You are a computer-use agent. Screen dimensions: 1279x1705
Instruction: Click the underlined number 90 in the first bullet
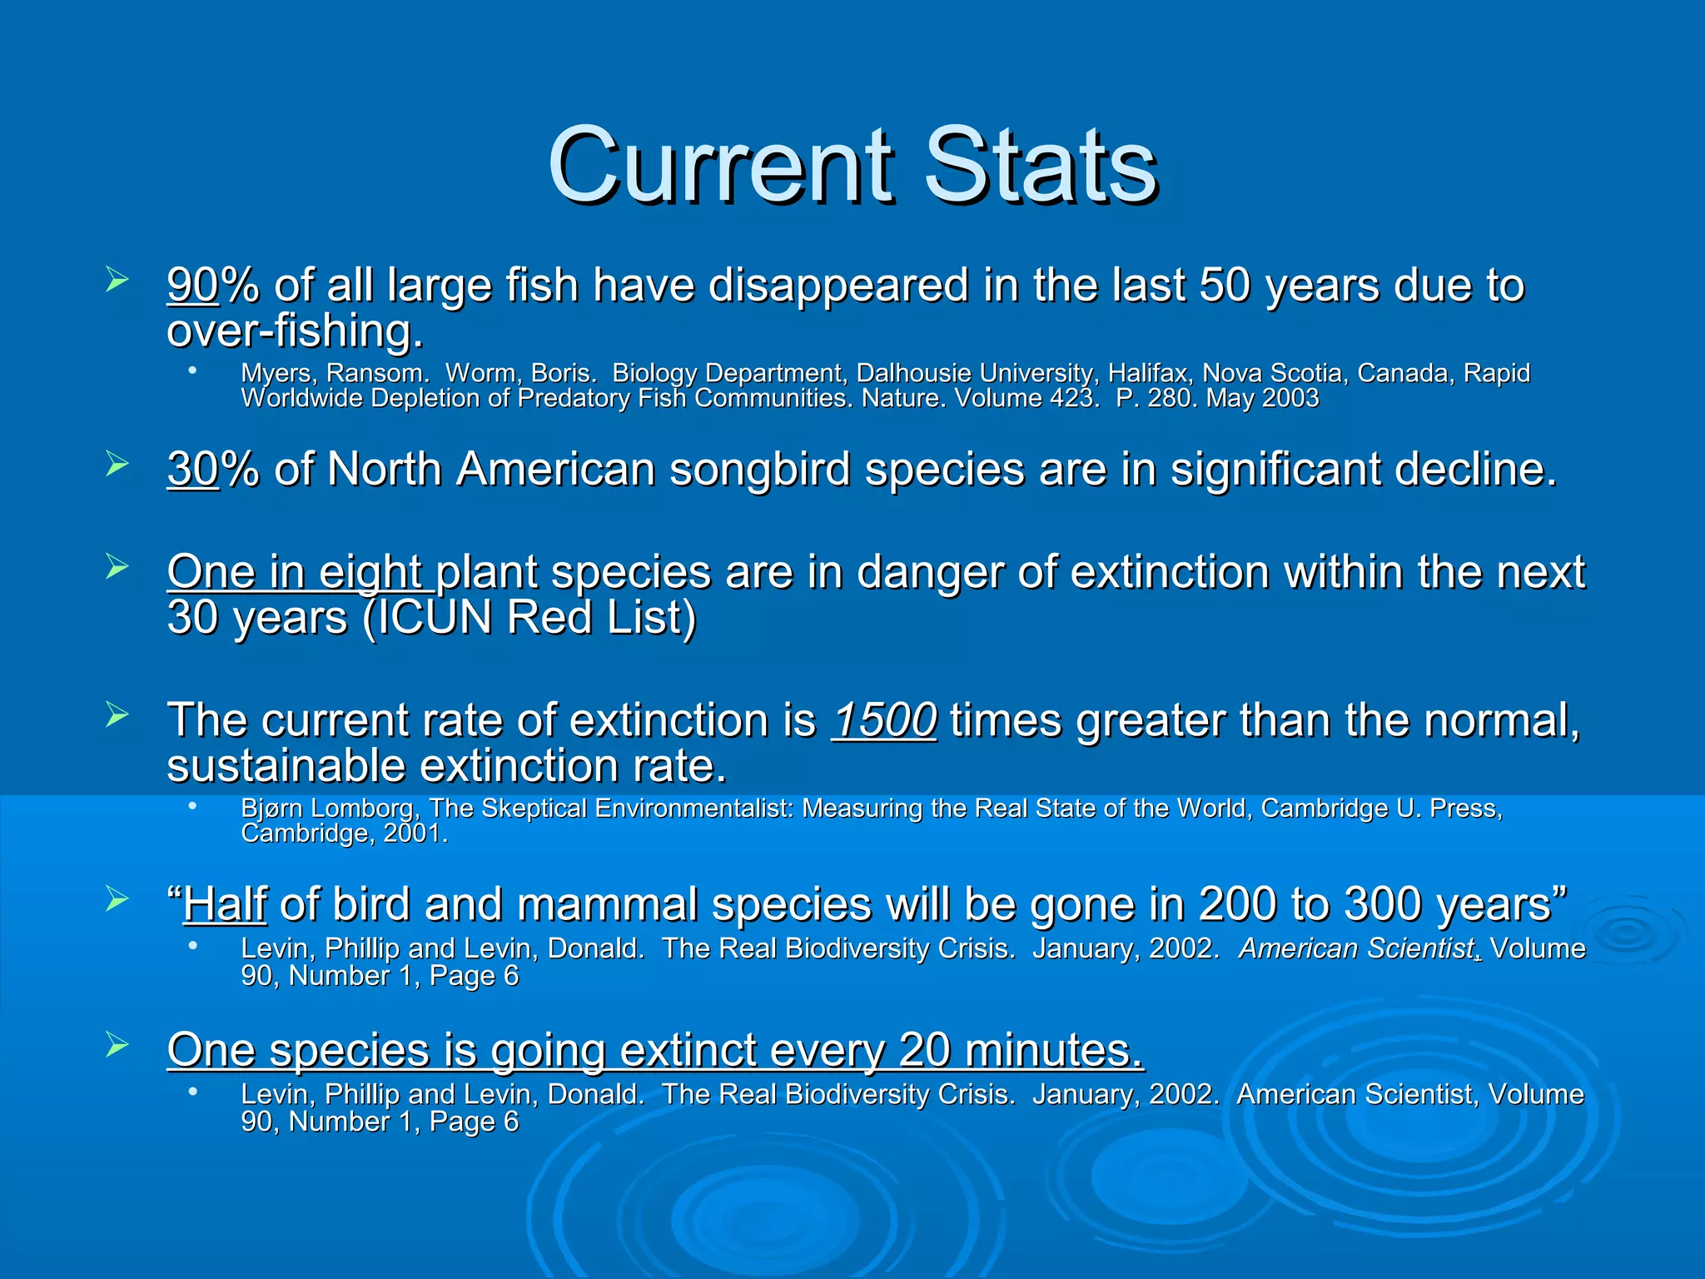(x=192, y=285)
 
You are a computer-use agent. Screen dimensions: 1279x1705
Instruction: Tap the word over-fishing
(x=295, y=331)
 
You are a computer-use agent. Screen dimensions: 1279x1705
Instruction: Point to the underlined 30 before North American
(x=192, y=469)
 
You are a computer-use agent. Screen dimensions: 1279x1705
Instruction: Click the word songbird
(x=760, y=469)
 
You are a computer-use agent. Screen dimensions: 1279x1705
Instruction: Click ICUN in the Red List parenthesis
(x=435, y=618)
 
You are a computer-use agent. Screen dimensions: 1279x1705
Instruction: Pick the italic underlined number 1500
(x=884, y=720)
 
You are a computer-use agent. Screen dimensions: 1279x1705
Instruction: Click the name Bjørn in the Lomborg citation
(x=271, y=809)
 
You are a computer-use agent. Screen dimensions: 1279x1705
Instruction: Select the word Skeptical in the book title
(x=534, y=809)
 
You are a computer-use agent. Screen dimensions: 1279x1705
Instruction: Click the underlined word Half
(x=225, y=904)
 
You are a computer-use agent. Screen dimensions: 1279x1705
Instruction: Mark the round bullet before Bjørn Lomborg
(x=192, y=805)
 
